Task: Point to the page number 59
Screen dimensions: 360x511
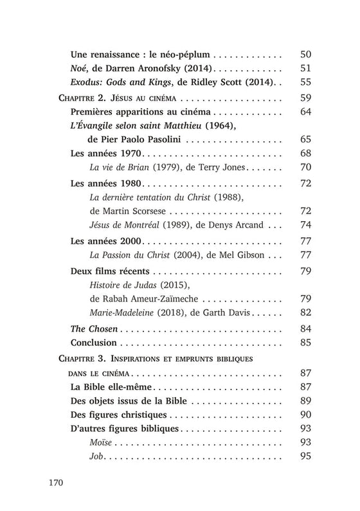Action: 305,98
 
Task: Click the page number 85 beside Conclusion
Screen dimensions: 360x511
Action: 305,343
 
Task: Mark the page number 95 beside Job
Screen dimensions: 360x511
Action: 305,457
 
